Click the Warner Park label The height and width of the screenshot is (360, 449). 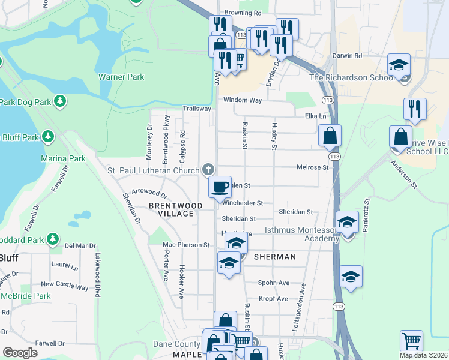(x=121, y=77)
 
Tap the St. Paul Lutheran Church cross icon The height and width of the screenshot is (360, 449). (x=208, y=170)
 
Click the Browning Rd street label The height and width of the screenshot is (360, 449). (x=243, y=12)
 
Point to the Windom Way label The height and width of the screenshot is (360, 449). (x=243, y=100)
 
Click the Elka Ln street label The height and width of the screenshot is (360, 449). (x=315, y=116)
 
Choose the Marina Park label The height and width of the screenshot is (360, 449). (x=63, y=158)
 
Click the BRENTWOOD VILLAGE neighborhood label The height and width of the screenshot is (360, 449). (x=175, y=209)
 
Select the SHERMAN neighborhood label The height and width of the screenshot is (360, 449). (x=275, y=257)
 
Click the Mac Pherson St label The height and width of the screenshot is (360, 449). (x=187, y=245)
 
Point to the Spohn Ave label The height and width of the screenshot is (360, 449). (x=274, y=283)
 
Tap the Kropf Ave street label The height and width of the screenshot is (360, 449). (x=274, y=298)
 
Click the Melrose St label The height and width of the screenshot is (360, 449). (x=313, y=167)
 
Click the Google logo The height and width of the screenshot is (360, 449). (x=20, y=353)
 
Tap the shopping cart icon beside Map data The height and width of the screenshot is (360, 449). (x=411, y=341)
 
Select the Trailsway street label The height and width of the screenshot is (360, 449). (x=197, y=109)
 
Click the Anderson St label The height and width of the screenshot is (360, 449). (x=403, y=175)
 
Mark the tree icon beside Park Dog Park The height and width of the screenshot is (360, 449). (x=59, y=101)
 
